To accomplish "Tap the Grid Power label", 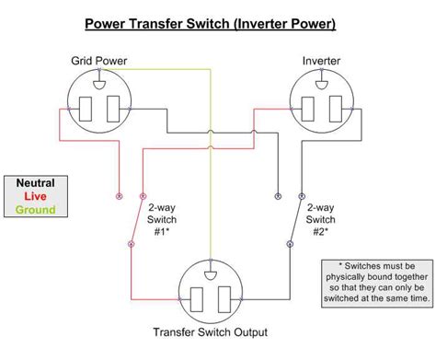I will (x=99, y=61).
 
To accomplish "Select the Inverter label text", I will (x=321, y=61).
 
